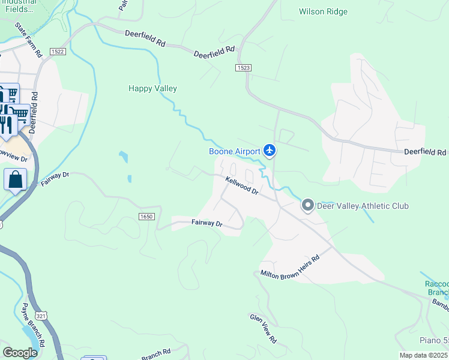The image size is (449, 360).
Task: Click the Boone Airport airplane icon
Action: click(x=270, y=151)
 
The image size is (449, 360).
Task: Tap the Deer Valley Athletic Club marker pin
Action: click(x=307, y=206)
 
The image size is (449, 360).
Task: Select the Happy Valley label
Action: click(x=152, y=88)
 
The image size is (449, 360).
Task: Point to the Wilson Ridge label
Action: click(x=323, y=11)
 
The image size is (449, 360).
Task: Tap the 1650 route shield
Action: click(x=146, y=216)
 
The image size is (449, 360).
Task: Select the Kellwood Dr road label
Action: click(x=242, y=185)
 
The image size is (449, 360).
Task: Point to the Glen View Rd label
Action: click(x=264, y=328)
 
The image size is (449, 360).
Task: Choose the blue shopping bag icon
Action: click(x=15, y=179)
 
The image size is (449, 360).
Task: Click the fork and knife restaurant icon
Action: click(x=6, y=124)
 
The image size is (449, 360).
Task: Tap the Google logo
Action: click(x=20, y=352)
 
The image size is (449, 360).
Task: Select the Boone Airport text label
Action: click(x=234, y=151)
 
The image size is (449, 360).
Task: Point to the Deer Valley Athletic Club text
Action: click(x=363, y=206)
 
